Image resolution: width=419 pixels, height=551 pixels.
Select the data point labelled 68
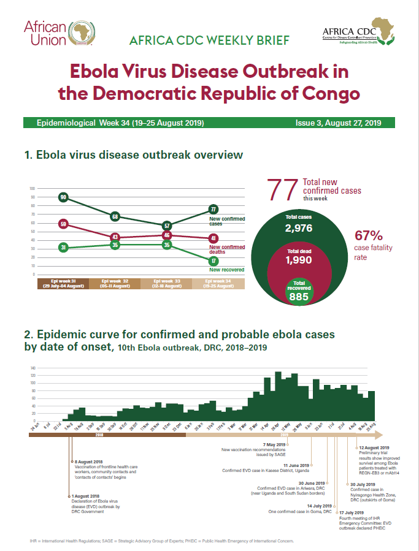(115, 216)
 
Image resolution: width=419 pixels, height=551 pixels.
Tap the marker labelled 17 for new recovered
(213, 260)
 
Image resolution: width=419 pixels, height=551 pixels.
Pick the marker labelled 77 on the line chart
(213, 209)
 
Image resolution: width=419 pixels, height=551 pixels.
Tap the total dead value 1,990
(299, 260)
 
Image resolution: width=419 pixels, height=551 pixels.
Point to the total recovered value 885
(299, 297)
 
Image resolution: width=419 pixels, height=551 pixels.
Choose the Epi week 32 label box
(115, 283)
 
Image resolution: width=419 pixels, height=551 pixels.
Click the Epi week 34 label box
(218, 283)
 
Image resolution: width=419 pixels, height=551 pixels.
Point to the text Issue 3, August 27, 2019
(339, 123)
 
